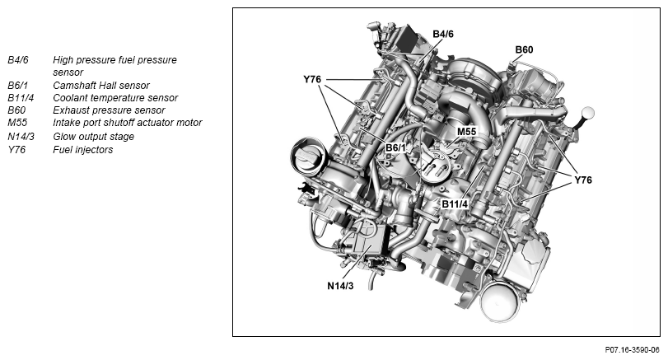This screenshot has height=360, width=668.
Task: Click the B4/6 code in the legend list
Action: [18, 60]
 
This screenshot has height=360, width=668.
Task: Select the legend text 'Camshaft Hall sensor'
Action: [100, 85]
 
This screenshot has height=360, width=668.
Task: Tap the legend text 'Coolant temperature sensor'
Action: [115, 98]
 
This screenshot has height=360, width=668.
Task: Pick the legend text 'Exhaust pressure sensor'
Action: [109, 110]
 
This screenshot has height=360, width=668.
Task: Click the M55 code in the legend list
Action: [17, 123]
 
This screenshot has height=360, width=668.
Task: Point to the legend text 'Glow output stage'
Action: [94, 136]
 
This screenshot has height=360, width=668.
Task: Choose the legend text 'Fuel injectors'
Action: [83, 149]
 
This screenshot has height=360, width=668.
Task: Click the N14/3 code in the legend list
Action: [20, 136]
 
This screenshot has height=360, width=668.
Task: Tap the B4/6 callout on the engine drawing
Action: [443, 34]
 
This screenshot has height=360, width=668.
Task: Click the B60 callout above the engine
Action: [524, 50]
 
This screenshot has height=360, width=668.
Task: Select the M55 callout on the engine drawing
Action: [466, 131]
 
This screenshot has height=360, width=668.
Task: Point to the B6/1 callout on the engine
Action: [398, 147]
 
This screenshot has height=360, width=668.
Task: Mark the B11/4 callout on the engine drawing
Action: [455, 203]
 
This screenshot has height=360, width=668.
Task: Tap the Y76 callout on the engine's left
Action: [312, 80]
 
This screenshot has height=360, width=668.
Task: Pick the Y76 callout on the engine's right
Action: [583, 179]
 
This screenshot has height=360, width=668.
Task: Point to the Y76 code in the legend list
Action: [17, 149]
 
